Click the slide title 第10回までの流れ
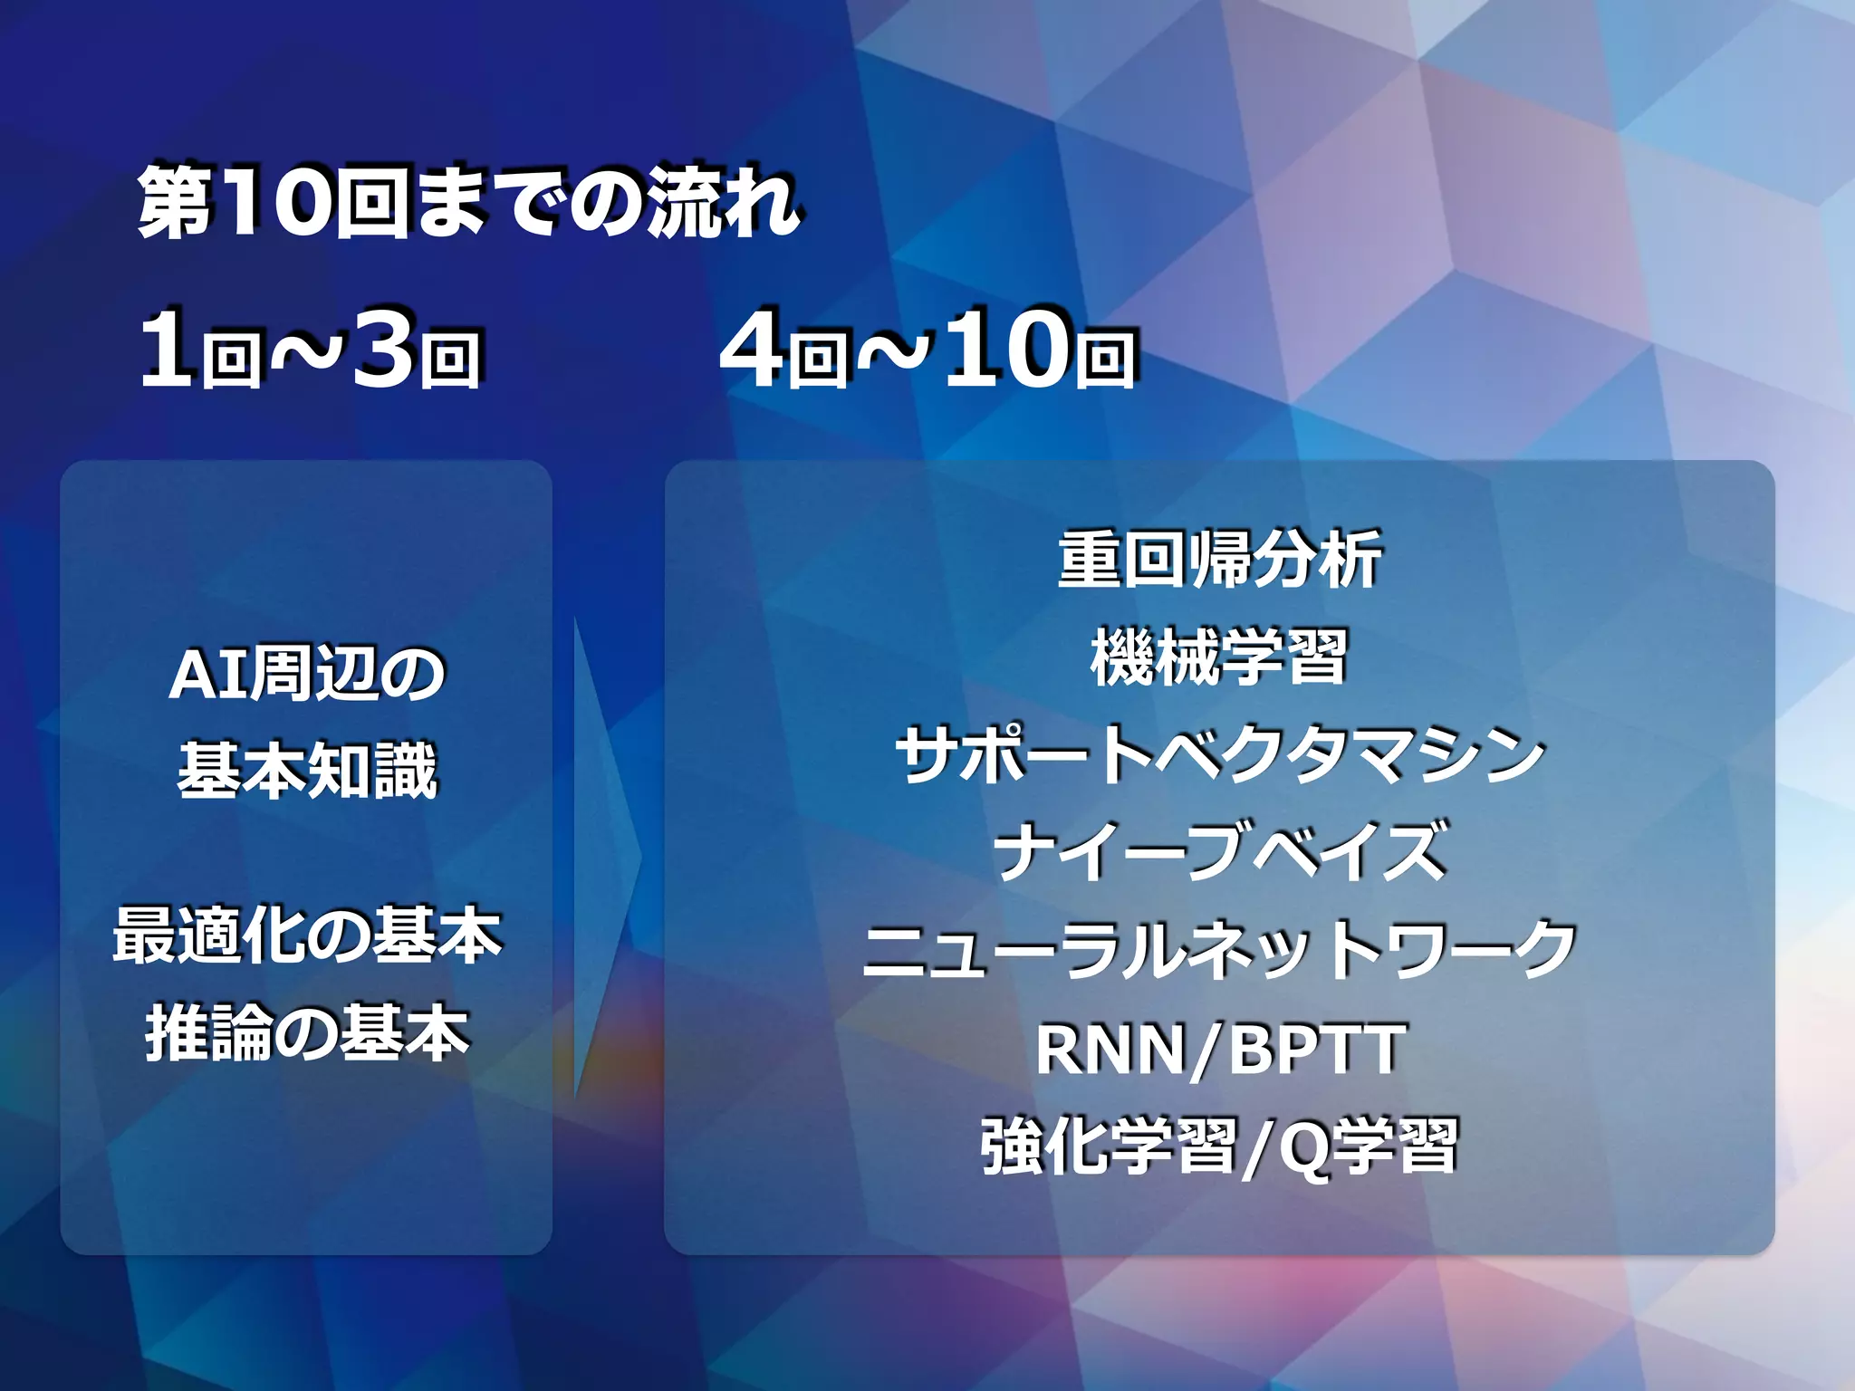[x=468, y=203]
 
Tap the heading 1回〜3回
[x=310, y=350]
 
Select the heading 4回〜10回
[x=927, y=350]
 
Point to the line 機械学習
[x=1219, y=657]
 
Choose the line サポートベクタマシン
[x=1219, y=755]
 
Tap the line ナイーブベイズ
[x=1219, y=852]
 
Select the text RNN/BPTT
[x=1219, y=1049]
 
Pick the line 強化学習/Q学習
[x=1219, y=1146]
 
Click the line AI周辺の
[x=307, y=675]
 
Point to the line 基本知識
[x=307, y=772]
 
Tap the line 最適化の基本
[x=307, y=935]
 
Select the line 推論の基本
[x=307, y=1033]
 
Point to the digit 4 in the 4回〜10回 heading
[x=752, y=350]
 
